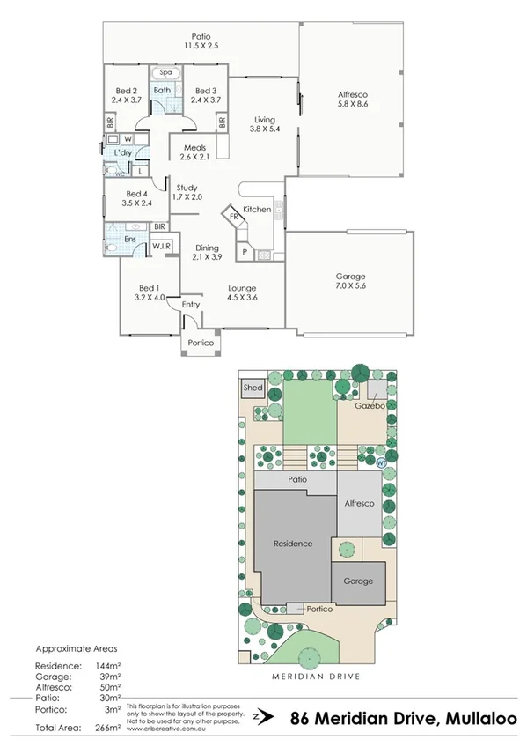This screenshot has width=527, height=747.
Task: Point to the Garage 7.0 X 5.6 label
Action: tap(351, 280)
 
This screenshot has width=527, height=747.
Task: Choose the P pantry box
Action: tap(243, 254)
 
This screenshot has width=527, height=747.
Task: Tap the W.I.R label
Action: tap(161, 247)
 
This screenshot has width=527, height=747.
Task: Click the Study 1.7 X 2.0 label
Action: tap(187, 192)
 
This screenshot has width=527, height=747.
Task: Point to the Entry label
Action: tap(191, 305)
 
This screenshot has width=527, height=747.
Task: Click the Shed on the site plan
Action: tap(253, 388)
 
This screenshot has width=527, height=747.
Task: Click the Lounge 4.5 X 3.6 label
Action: tap(242, 293)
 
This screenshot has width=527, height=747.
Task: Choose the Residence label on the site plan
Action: tap(293, 544)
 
